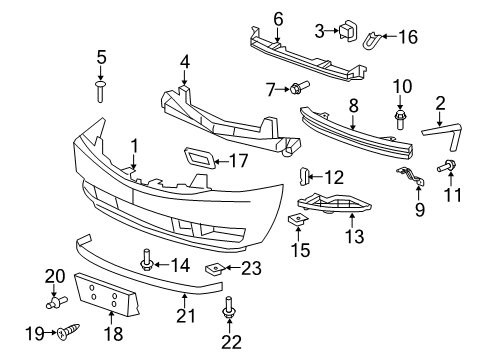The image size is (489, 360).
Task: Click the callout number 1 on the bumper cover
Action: tap(132, 148)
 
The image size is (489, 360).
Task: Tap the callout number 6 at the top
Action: tap(278, 17)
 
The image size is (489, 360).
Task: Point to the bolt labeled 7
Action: tap(298, 90)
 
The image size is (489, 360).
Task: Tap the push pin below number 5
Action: tap(100, 91)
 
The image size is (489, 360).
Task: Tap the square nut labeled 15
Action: tap(298, 221)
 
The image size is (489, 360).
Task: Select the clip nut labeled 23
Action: tap(214, 268)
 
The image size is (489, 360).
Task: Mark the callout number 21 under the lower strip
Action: tap(184, 317)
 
